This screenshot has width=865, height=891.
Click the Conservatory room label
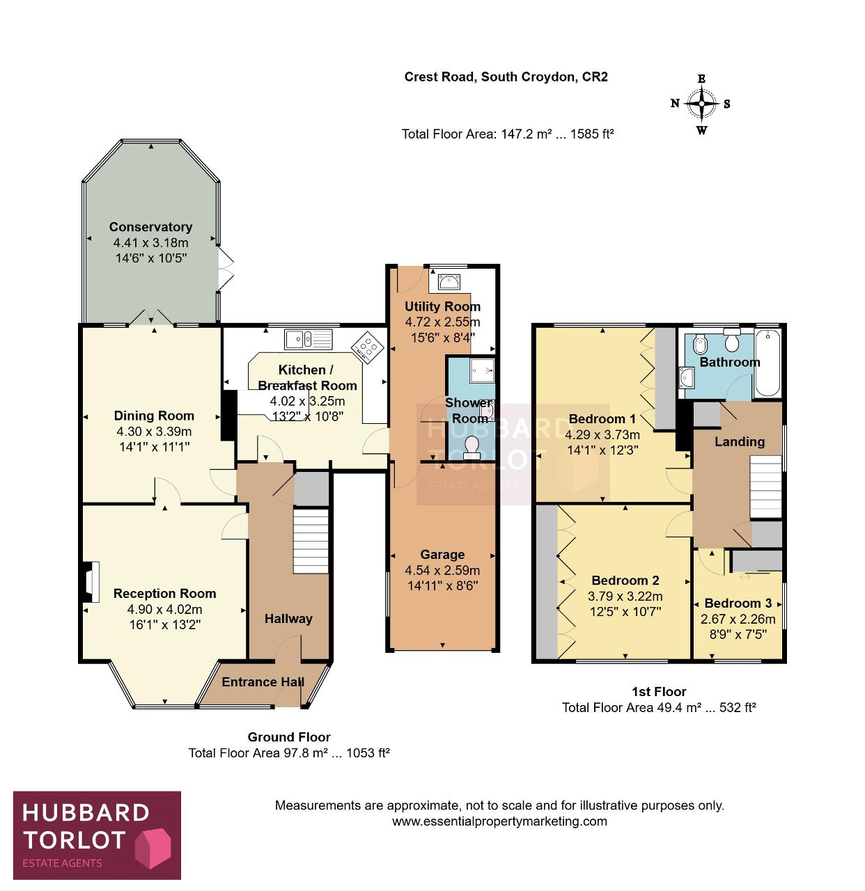pyautogui.click(x=150, y=227)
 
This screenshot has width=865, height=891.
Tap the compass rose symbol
pyautogui.click(x=701, y=104)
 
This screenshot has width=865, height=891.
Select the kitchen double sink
pyautogui.click(x=308, y=339)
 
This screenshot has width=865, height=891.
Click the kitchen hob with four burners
pyautogui.click(x=367, y=347)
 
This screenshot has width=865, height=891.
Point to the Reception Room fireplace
pyautogui.click(x=91, y=581)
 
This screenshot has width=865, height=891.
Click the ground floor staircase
pyautogui.click(x=311, y=540)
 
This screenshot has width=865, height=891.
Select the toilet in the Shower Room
pyautogui.click(x=471, y=447)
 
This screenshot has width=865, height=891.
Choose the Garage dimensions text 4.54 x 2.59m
pyautogui.click(x=442, y=570)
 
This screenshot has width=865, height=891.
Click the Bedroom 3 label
pyautogui.click(x=738, y=603)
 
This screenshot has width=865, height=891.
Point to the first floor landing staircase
pyautogui.click(x=765, y=487)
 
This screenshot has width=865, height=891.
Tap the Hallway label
pyautogui.click(x=288, y=619)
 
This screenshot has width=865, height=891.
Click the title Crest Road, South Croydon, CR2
pyautogui.click(x=506, y=77)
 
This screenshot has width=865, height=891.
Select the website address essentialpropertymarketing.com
pyautogui.click(x=499, y=821)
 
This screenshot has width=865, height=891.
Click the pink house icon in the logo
pyautogui.click(x=153, y=848)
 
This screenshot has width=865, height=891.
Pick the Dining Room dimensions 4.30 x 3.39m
pyautogui.click(x=154, y=432)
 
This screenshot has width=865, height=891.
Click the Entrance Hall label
pyautogui.click(x=263, y=681)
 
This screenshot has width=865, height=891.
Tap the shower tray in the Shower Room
pyautogui.click(x=482, y=370)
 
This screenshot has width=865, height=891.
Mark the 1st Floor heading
pyautogui.click(x=659, y=691)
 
